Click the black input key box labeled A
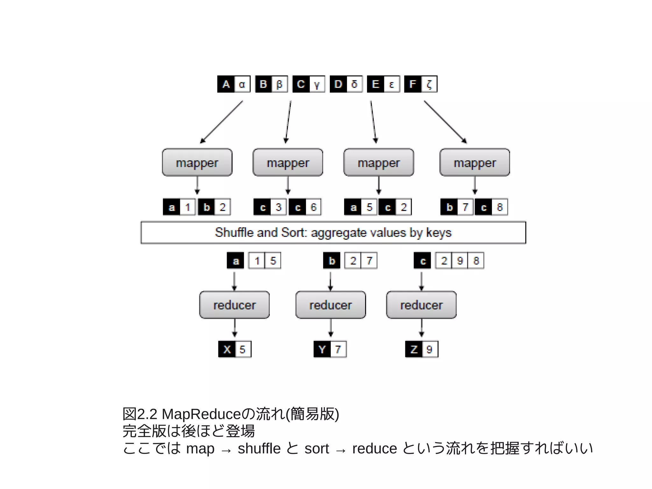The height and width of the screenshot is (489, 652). coord(226,84)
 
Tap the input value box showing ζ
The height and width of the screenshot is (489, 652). coord(429,84)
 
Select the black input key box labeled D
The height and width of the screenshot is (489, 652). coord(338,84)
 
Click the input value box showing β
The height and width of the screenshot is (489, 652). coord(279,84)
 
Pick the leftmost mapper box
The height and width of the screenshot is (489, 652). coord(197,162)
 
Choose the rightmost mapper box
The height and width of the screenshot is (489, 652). coord(475,162)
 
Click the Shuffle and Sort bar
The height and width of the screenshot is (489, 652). coord(333,233)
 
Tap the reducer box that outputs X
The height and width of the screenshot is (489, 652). coord(234,305)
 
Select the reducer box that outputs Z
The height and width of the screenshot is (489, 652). coord(421,305)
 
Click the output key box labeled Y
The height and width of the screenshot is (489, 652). coord(322,349)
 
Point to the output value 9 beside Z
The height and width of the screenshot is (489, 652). coord(429,349)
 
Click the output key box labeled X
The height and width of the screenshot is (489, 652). coord(227,349)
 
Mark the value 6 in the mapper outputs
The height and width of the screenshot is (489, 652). coord(314,207)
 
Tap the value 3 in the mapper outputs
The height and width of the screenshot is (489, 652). coord(279,207)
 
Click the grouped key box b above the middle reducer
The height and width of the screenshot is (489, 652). coord(332,261)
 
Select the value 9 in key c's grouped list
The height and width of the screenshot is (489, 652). coord(460,261)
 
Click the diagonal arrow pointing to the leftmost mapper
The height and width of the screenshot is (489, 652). coord(221,122)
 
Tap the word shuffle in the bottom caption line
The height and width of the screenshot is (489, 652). coord(259,449)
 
